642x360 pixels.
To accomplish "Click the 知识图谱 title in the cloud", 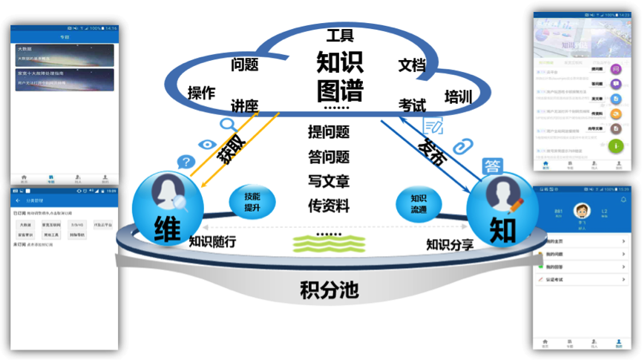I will pyautogui.click(x=340, y=75).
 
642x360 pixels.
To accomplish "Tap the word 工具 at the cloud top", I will pyautogui.click(x=340, y=35).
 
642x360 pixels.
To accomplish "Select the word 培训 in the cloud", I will pyautogui.click(x=458, y=97).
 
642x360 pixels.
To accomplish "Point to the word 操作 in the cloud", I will pyautogui.click(x=201, y=93).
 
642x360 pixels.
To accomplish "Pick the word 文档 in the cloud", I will pyautogui.click(x=412, y=65).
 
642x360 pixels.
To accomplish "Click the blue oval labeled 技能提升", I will pyautogui.click(x=253, y=201).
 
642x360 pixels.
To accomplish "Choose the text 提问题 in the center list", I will pyautogui.click(x=329, y=133).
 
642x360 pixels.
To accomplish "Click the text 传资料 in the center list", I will pyautogui.click(x=329, y=206).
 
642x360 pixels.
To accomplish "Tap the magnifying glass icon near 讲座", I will pyautogui.click(x=229, y=125).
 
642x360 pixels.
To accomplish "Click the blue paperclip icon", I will pyautogui.click(x=463, y=145).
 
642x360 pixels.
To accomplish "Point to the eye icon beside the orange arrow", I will pyautogui.click(x=208, y=145).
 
